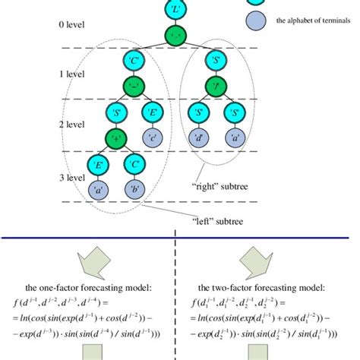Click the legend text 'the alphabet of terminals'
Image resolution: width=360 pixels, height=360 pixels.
coord(308,21)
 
